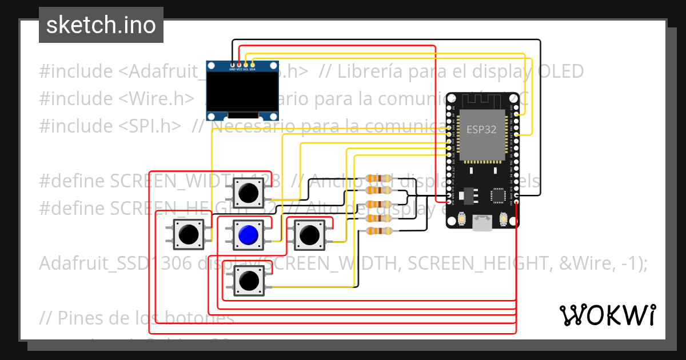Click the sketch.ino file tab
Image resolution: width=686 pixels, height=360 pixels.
pyautogui.click(x=101, y=25)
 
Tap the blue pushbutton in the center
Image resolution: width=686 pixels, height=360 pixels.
pyautogui.click(x=248, y=234)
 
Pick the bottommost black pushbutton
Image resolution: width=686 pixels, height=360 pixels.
pyautogui.click(x=248, y=281)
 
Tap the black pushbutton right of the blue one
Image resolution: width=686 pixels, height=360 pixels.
pyautogui.click(x=309, y=234)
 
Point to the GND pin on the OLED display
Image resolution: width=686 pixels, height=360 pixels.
pyautogui.click(x=232, y=65)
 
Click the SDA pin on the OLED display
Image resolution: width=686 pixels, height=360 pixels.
pyautogui.click(x=252, y=65)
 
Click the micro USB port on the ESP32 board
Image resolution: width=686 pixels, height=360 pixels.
pyautogui.click(x=482, y=223)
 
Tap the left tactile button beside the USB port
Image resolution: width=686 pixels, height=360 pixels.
pyautogui.click(x=461, y=219)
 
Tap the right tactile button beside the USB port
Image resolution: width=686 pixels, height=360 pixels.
pyautogui.click(x=504, y=219)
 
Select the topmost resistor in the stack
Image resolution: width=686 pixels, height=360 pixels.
pyautogui.click(x=378, y=178)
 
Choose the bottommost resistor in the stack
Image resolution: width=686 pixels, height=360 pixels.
pyautogui.click(x=378, y=231)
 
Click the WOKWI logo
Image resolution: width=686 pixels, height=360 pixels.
pyautogui.click(x=607, y=315)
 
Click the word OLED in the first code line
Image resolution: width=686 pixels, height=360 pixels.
pyautogui.click(x=561, y=71)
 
